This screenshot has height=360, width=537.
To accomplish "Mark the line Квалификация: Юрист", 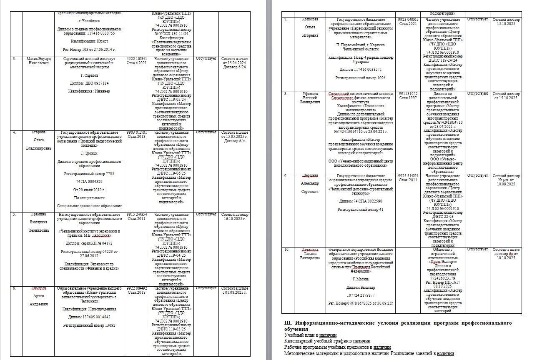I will (90, 41).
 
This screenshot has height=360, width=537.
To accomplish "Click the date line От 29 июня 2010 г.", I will (90, 190).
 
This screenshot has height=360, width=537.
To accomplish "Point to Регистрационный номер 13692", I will (89, 325).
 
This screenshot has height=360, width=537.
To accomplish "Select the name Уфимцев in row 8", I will (309, 94).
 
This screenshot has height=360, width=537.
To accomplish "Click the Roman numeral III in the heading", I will (288, 323).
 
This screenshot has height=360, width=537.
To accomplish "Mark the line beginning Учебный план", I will (310, 335).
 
